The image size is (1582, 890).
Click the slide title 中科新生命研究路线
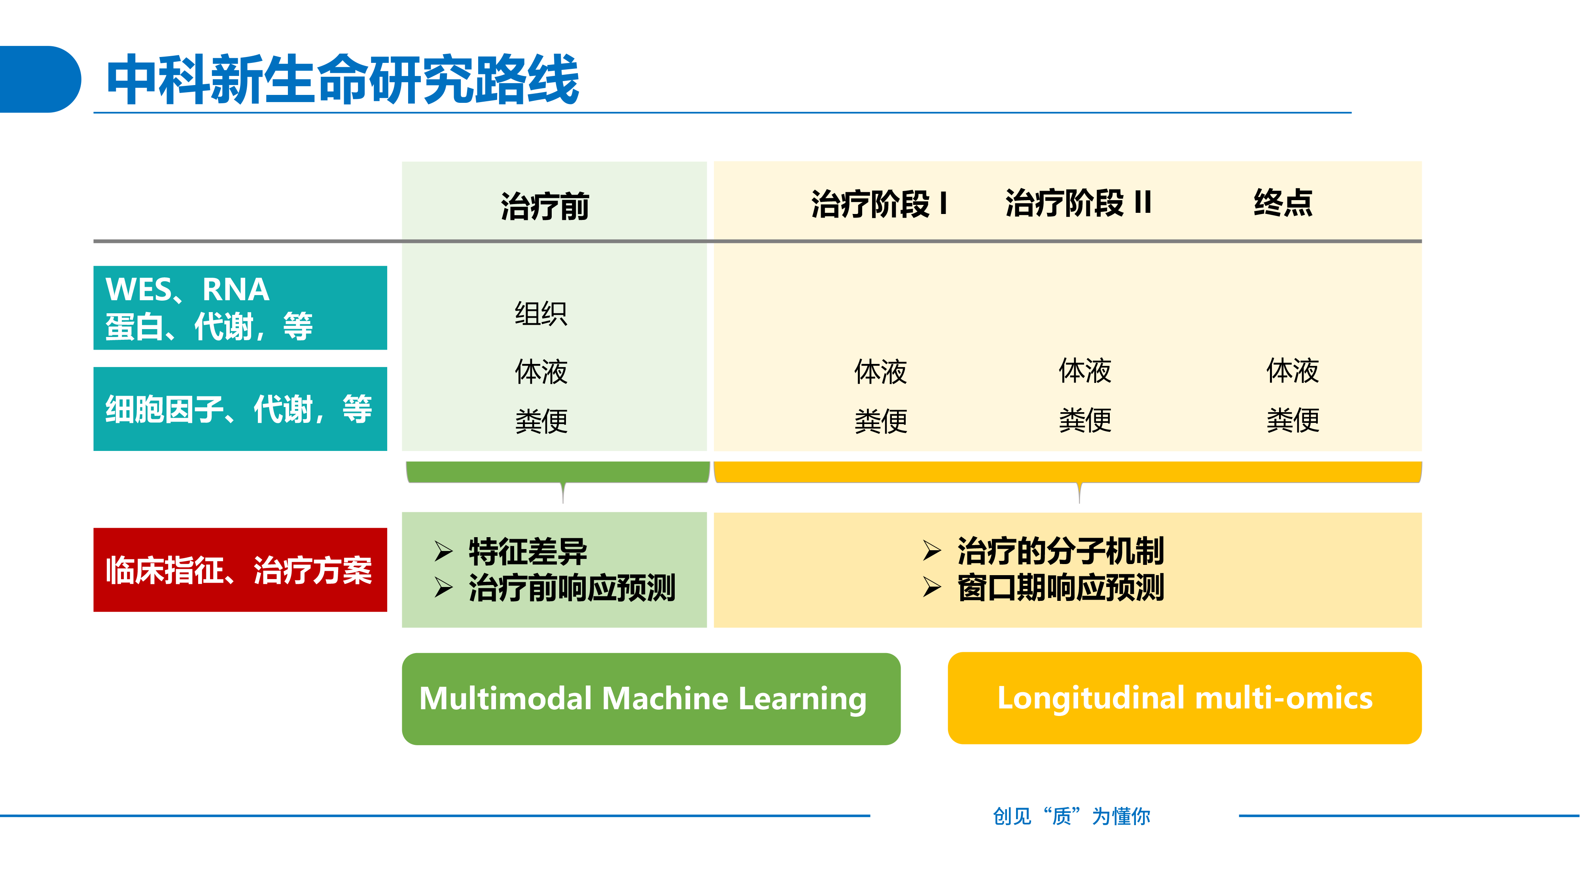pos(342,80)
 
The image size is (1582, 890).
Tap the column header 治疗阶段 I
pos(878,203)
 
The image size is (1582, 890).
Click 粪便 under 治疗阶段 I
pos(881,421)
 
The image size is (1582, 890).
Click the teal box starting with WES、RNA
pos(240,308)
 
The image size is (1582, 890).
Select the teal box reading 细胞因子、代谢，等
pos(240,409)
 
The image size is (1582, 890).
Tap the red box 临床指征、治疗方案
pos(240,570)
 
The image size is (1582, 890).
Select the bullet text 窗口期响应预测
pos(1060,588)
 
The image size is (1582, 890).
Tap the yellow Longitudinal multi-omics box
pos(1185,699)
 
